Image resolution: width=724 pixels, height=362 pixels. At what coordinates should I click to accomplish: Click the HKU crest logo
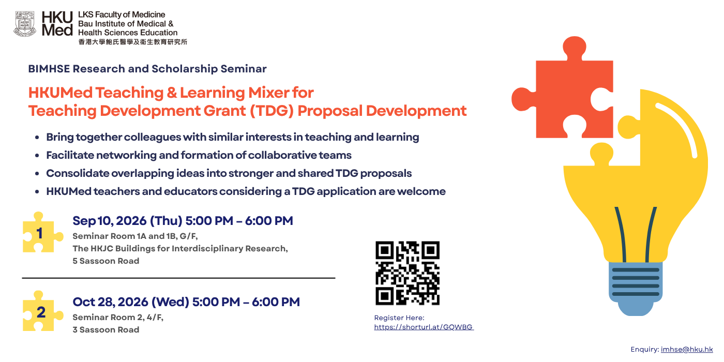pyautogui.click(x=25, y=24)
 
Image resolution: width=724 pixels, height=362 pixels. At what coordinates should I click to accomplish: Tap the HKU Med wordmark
pyautogui.click(x=57, y=24)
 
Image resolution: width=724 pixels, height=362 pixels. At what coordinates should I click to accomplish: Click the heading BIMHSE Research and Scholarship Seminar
pyautogui.click(x=147, y=69)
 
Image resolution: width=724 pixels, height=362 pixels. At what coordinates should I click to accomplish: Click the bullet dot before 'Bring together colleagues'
pyautogui.click(x=37, y=138)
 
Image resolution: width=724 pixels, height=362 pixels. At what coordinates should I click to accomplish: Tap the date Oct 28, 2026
pyautogui.click(x=111, y=302)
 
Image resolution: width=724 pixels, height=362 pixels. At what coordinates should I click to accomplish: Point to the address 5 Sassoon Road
pyautogui.click(x=106, y=261)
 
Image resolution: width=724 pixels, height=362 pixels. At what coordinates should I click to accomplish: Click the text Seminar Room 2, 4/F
pyautogui.click(x=118, y=318)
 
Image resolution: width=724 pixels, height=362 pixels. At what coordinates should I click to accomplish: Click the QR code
pyautogui.click(x=408, y=273)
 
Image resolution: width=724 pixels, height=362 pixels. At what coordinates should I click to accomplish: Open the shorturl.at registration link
pyautogui.click(x=424, y=327)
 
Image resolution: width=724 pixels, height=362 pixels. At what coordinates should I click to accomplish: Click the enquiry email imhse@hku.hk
pyautogui.click(x=687, y=350)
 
